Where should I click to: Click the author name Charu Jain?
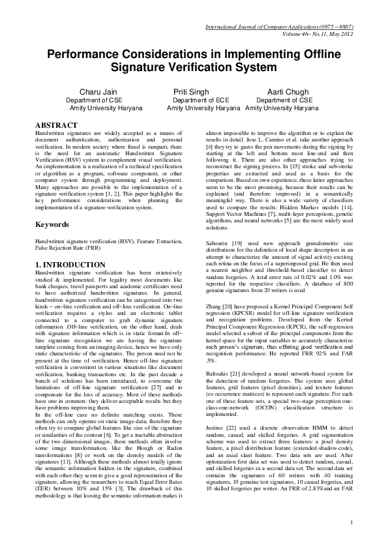tap(97, 92)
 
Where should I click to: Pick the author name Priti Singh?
tap(191, 92)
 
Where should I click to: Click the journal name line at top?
tap(278, 27)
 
